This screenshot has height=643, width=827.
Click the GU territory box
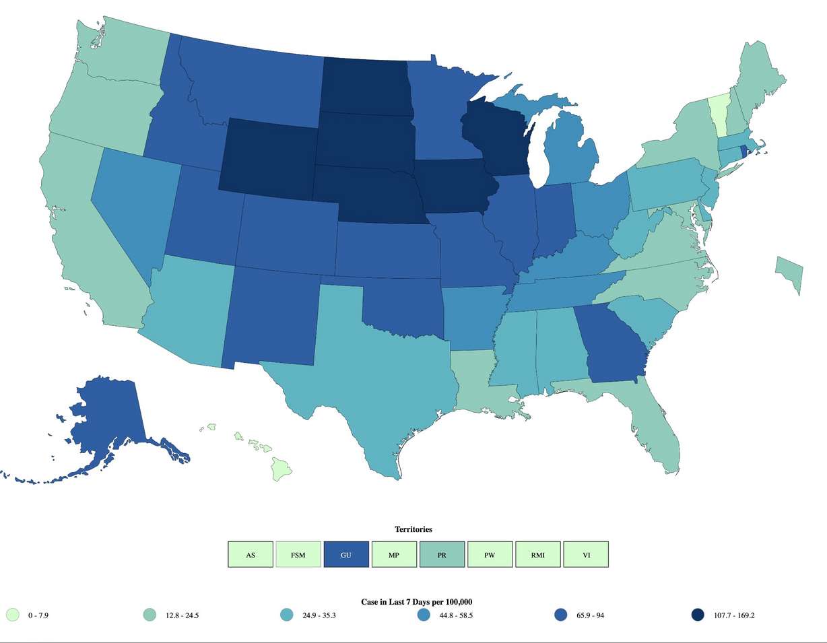tap(346, 555)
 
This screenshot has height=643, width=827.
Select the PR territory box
tap(442, 555)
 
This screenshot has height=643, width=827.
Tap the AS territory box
tap(251, 555)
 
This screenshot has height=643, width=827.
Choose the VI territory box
tap(586, 555)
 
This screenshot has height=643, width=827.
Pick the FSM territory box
tap(298, 555)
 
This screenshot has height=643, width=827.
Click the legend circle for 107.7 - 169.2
tap(698, 615)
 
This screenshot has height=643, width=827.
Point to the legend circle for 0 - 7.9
tap(12, 615)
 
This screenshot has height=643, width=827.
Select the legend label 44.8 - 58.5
tap(456, 615)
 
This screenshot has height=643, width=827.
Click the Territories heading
tap(413, 530)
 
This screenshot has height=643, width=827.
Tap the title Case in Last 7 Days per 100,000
tap(413, 601)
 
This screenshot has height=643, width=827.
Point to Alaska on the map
tap(111, 417)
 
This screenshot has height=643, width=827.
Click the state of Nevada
tap(131, 202)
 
